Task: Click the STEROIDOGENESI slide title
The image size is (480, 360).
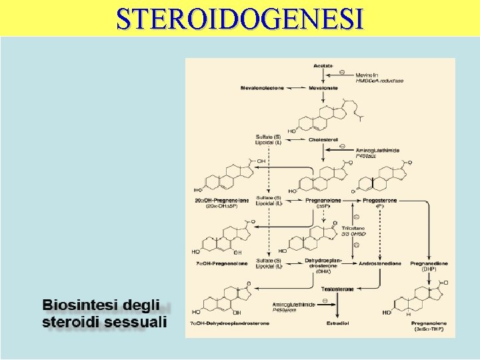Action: coord(240,18)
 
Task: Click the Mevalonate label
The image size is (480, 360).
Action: coord(323,87)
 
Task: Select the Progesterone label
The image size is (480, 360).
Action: coord(381,199)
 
